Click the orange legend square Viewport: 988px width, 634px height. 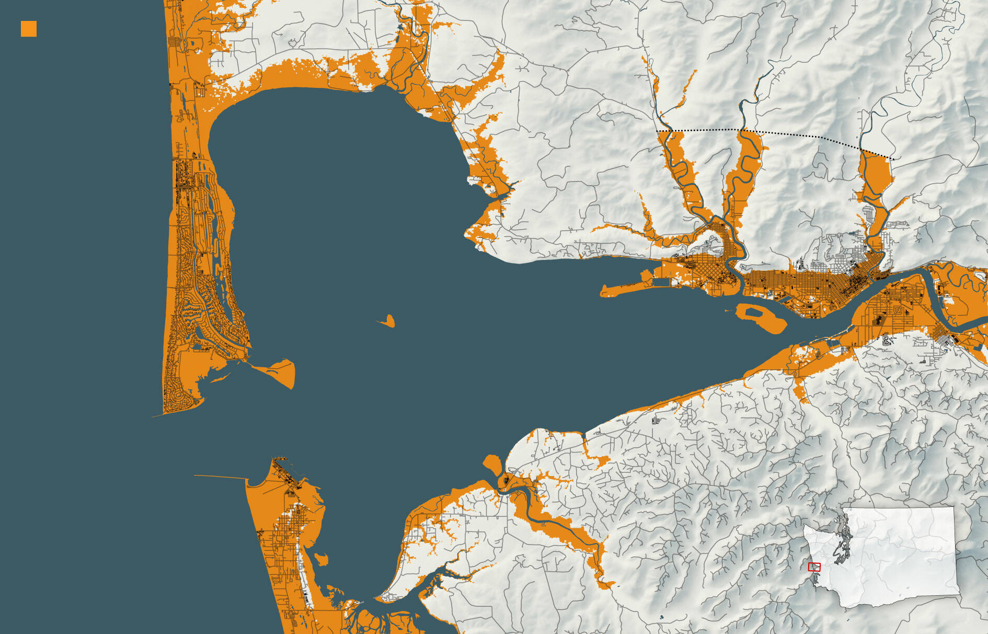coord(29,29)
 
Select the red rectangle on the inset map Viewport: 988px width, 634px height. coord(814,567)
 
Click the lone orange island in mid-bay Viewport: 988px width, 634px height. coord(388,321)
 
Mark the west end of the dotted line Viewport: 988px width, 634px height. coord(658,130)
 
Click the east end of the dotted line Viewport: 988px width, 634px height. coord(894,158)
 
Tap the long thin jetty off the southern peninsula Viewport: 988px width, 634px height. coord(220,477)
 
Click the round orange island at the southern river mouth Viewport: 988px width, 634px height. coord(492,463)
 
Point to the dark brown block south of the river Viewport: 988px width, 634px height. coord(878,319)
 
